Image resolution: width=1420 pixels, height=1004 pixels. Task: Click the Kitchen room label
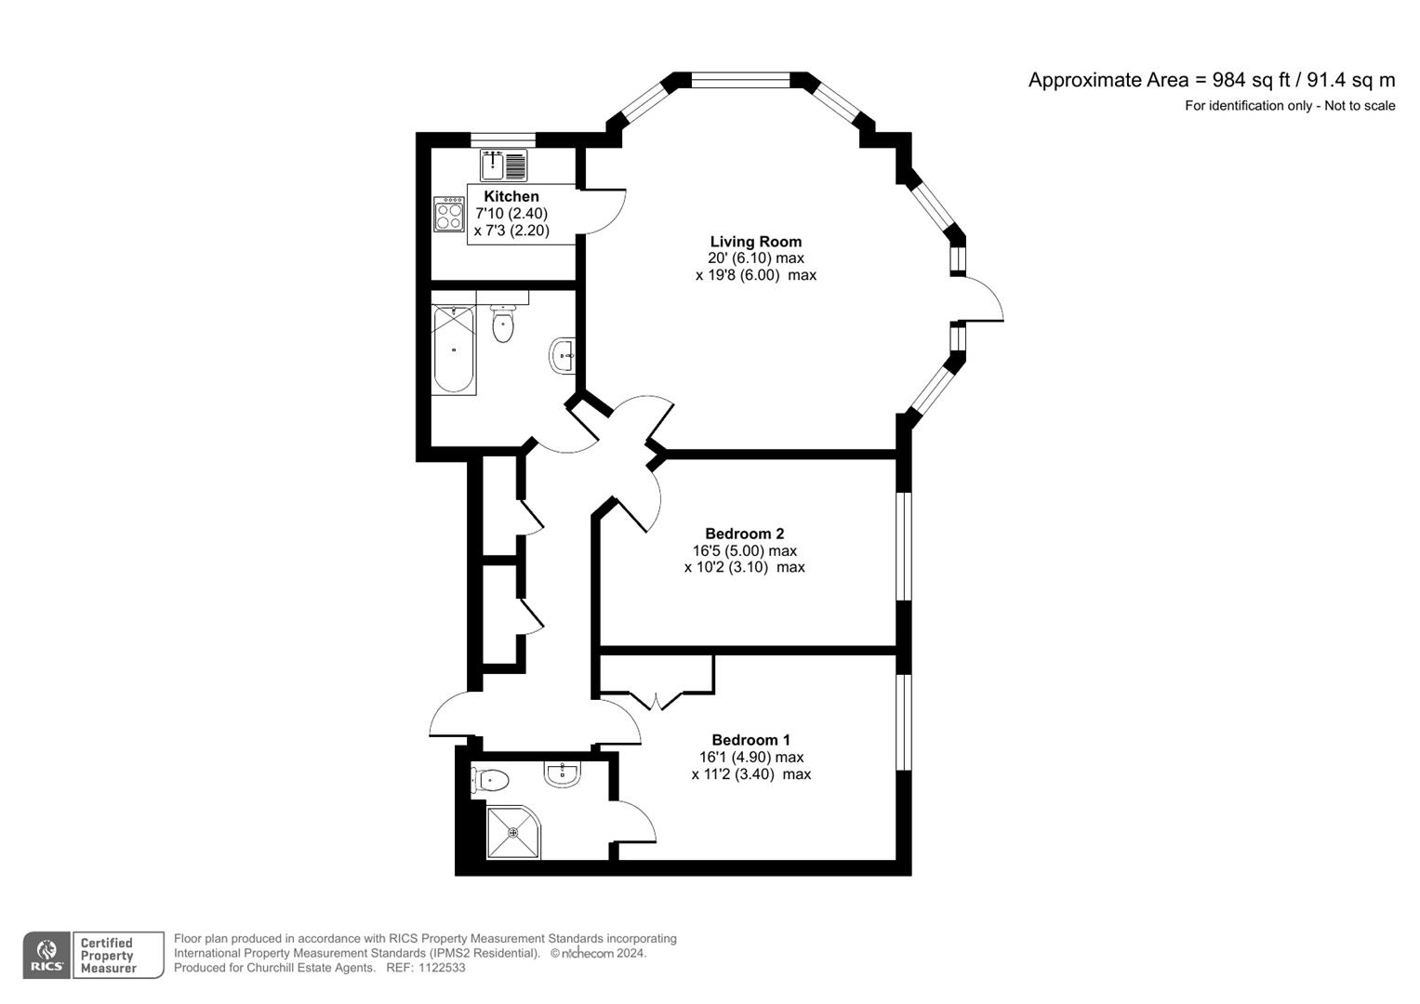pyautogui.click(x=511, y=196)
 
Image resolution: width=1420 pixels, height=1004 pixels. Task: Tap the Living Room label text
pyautogui.click(x=755, y=242)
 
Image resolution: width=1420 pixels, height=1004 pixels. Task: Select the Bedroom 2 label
pyautogui.click(x=744, y=534)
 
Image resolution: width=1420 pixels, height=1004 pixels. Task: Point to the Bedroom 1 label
pyautogui.click(x=750, y=740)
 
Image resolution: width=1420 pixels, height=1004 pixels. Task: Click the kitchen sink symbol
pyautogui.click(x=503, y=165)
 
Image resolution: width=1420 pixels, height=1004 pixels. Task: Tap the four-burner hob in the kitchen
pyautogui.click(x=449, y=214)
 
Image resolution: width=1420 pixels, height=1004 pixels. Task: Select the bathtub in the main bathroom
pyautogui.click(x=454, y=350)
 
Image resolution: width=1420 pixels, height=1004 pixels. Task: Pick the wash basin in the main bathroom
pyautogui.click(x=562, y=355)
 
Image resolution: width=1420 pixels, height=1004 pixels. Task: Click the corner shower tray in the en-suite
pyautogui.click(x=513, y=830)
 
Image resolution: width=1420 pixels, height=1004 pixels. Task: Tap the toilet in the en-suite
pyautogui.click(x=489, y=779)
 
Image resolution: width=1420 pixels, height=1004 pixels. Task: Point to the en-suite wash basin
pyautogui.click(x=563, y=773)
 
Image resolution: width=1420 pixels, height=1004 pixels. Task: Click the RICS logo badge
pyautogui.click(x=46, y=955)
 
